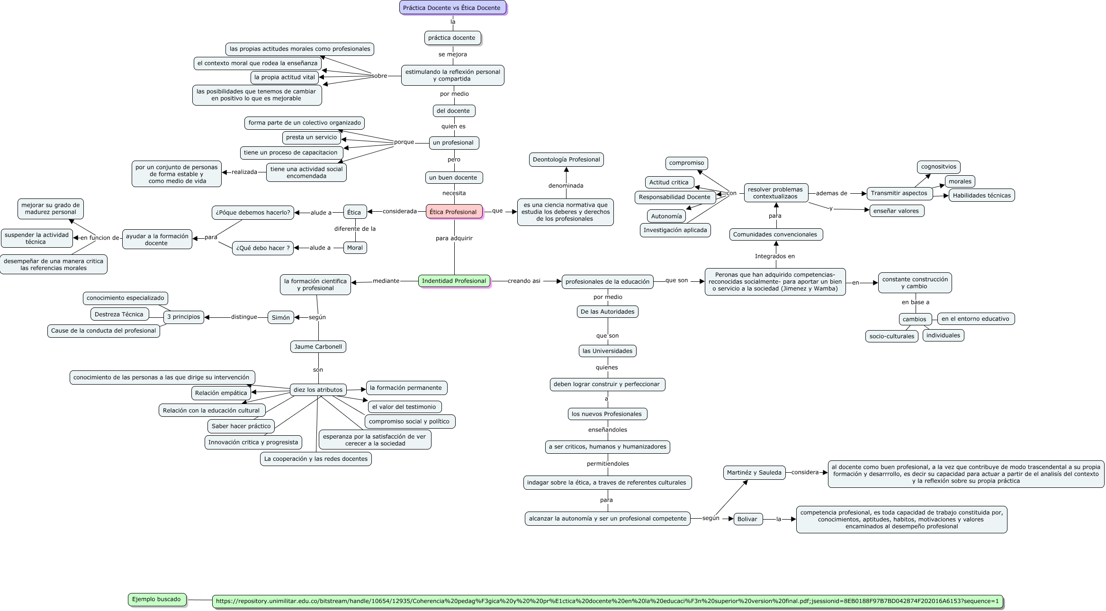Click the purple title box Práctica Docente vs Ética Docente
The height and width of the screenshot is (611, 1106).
(453, 8)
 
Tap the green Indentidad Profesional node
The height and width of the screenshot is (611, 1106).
(454, 281)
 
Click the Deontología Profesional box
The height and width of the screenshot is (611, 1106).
(566, 160)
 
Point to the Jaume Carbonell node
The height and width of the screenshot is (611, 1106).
(318, 347)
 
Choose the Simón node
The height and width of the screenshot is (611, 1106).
(281, 317)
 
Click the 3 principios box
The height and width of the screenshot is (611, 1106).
(184, 317)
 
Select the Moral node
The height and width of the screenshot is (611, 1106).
(355, 248)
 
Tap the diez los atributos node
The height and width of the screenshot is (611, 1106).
(318, 390)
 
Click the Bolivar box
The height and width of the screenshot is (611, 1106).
(748, 519)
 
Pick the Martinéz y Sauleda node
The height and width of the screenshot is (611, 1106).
(754, 473)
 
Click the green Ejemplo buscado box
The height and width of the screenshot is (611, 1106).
(157, 599)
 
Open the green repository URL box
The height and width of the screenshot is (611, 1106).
(607, 602)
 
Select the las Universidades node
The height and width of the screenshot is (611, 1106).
(608, 351)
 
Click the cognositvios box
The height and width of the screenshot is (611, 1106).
(939, 167)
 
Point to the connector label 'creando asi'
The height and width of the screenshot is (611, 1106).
(524, 281)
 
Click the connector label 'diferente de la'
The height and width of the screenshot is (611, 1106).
(355, 229)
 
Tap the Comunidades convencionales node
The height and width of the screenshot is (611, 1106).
(776, 234)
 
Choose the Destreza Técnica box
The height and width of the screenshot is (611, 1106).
(120, 314)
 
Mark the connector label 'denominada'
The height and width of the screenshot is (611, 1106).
(566, 186)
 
